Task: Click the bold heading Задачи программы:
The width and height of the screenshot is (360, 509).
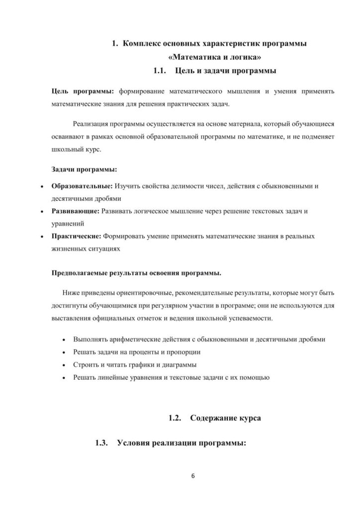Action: tap(84, 170)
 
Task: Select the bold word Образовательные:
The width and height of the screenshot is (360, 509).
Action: tap(82, 186)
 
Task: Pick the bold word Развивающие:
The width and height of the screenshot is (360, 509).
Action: tap(76, 211)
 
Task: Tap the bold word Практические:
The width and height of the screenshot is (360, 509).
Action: tap(77, 236)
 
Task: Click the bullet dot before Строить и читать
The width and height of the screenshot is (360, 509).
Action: tap(63, 365)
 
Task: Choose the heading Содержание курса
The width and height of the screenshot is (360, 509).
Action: tap(225, 418)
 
